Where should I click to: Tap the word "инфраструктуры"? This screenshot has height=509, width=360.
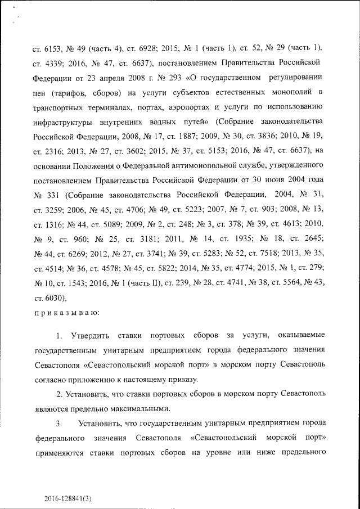(61, 120)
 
